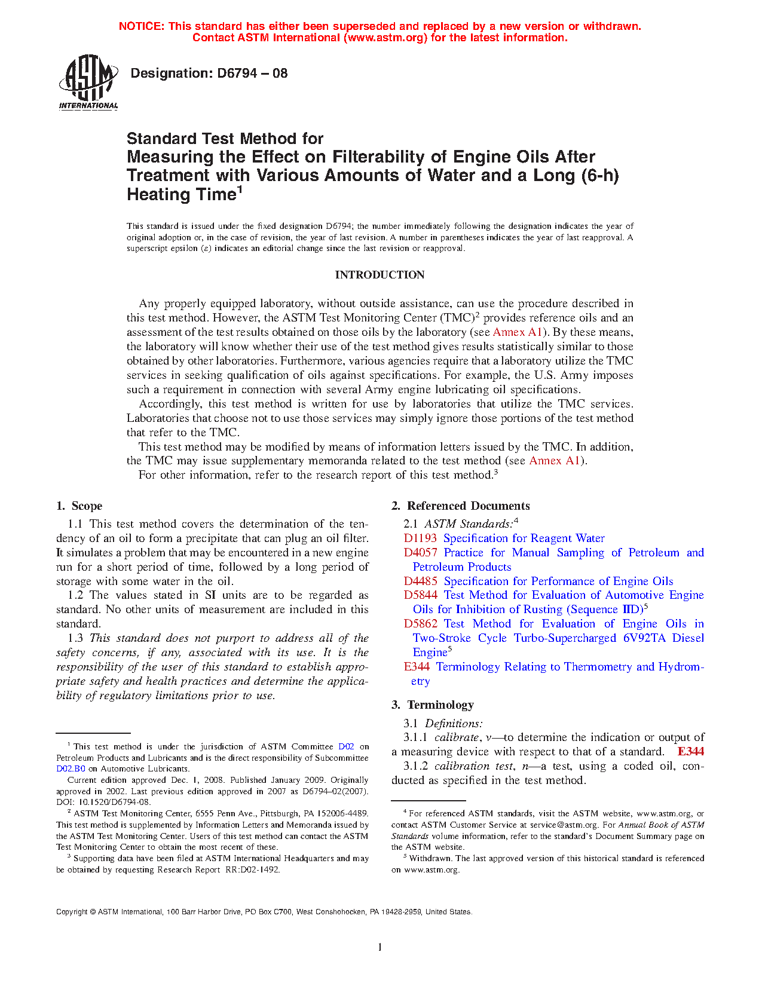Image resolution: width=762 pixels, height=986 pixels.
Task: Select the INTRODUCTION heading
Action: (380, 275)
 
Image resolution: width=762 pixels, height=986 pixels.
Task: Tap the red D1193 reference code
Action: (420, 538)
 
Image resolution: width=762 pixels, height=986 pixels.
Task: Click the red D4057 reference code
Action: (420, 553)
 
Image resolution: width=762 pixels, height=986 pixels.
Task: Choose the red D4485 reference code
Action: (420, 581)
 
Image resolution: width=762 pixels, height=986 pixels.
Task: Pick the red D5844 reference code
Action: (420, 595)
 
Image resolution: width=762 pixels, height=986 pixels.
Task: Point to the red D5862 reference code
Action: (420, 624)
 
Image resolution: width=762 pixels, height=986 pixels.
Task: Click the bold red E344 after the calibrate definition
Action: (690, 752)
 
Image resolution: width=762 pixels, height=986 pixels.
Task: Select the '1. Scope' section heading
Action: (79, 506)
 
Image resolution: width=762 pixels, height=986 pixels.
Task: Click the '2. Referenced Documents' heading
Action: (461, 506)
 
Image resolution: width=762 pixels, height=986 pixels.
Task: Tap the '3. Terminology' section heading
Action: (433, 705)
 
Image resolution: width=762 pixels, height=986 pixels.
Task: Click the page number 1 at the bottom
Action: (380, 947)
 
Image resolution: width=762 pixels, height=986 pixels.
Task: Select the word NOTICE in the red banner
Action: (141, 26)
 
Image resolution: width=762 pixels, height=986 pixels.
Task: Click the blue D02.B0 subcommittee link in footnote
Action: (71, 769)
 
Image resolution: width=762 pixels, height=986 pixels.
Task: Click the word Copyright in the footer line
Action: (72, 912)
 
